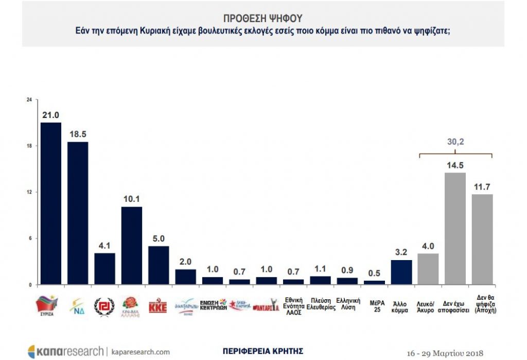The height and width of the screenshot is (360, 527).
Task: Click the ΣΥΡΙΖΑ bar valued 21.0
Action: click(x=50, y=203)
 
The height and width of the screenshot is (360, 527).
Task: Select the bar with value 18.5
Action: click(x=78, y=213)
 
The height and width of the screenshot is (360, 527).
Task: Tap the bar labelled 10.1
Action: click(x=131, y=245)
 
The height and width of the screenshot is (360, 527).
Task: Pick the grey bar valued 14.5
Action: click(x=455, y=228)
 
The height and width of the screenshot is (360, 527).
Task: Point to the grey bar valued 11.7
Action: click(x=482, y=239)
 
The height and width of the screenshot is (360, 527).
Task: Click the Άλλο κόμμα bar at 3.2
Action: click(x=401, y=272)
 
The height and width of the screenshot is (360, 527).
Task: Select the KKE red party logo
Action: click(x=158, y=306)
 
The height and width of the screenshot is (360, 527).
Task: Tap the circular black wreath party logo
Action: click(x=104, y=307)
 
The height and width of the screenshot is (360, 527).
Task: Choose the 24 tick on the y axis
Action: click(x=29, y=99)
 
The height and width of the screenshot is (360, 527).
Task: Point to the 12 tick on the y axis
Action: click(x=29, y=192)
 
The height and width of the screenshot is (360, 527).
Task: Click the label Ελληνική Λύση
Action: click(x=348, y=302)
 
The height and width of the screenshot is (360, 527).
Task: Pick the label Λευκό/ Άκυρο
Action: click(x=428, y=306)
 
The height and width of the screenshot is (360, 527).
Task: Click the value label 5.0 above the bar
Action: click(x=159, y=239)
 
